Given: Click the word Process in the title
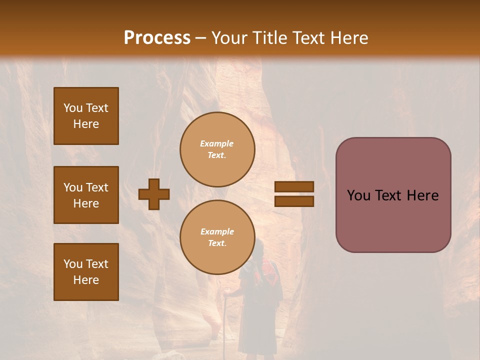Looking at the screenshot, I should [x=157, y=38].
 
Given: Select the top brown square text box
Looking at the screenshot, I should [x=86, y=116].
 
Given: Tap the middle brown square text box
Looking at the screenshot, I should [x=86, y=195].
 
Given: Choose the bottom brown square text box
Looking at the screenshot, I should [x=86, y=272].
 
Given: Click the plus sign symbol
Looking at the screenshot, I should [x=154, y=194].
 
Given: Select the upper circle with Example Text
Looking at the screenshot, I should [x=217, y=149].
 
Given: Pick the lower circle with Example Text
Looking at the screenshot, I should [x=217, y=237].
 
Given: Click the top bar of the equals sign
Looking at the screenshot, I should [x=294, y=187].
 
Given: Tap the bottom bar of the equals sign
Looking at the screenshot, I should [x=294, y=201].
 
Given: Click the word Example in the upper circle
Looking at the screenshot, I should [x=217, y=144].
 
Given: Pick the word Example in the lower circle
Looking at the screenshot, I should [x=217, y=232].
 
